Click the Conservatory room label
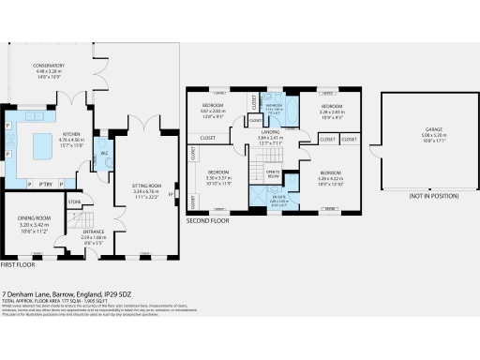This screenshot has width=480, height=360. click(x=75, y=65)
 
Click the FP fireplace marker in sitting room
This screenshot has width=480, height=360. click(x=173, y=197)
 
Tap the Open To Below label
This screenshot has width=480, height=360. click(x=272, y=175)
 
